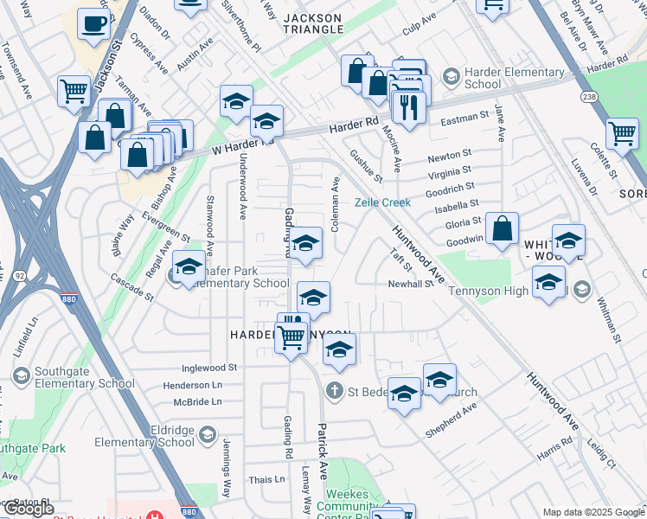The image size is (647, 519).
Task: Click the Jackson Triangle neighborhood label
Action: (x=313, y=23)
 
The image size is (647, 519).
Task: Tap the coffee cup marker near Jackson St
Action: (x=93, y=26)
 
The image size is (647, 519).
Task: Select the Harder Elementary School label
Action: (x=483, y=78)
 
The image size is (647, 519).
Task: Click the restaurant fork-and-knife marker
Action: (x=406, y=107)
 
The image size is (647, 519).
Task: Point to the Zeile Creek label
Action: (x=382, y=202)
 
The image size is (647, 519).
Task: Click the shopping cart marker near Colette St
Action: (x=622, y=134)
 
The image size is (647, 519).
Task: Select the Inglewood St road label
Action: (x=207, y=368)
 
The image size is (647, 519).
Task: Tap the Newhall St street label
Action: (x=410, y=283)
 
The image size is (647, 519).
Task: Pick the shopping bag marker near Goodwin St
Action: (x=502, y=229)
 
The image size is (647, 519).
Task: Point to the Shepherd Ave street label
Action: (x=451, y=419)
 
